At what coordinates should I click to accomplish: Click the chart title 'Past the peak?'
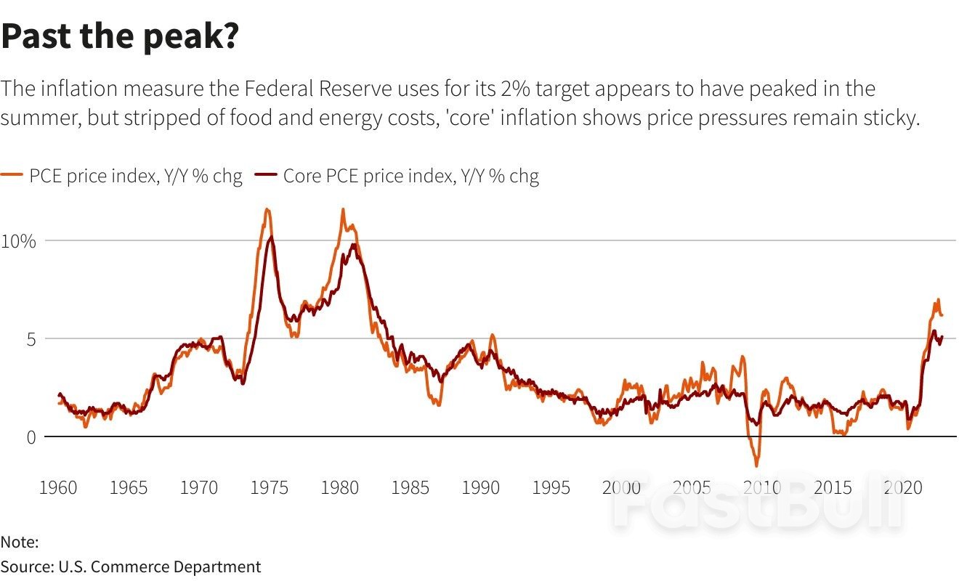[x=120, y=36]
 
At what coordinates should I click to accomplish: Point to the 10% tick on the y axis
[x=18, y=240]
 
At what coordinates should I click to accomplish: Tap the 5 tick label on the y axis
[x=29, y=338]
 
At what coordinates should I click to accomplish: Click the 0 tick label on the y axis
[x=29, y=436]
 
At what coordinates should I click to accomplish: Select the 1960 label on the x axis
[x=57, y=487]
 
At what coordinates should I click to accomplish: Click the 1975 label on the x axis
[x=270, y=487]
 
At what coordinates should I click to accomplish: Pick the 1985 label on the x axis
[x=410, y=487]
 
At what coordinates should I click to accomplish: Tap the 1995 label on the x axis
[x=551, y=487]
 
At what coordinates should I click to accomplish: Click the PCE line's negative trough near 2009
[x=756, y=465]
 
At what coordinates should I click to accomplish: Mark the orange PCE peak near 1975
[x=267, y=210]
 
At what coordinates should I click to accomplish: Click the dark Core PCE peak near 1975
[x=271, y=237]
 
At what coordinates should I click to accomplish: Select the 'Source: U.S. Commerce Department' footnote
[x=131, y=566]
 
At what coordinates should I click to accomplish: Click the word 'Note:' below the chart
[x=20, y=542]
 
